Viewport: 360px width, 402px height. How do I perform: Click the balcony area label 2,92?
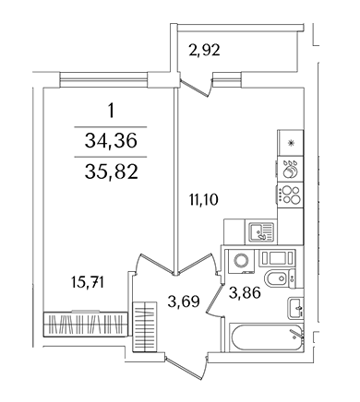[205, 50]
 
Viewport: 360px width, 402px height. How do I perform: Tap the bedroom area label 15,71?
[88, 282]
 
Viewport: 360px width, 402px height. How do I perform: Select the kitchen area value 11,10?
[203, 200]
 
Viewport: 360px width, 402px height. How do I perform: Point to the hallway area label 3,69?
[184, 301]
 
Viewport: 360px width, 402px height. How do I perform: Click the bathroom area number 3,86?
[245, 292]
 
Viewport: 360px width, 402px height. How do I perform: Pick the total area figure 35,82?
[111, 172]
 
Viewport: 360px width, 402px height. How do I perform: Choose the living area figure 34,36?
[111, 141]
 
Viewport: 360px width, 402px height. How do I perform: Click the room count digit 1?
[111, 111]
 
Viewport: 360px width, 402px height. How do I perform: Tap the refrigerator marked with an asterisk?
[291, 143]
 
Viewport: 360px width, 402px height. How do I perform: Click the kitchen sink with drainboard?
[261, 232]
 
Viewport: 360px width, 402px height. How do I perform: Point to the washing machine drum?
[241, 261]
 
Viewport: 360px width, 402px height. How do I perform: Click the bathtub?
[267, 337]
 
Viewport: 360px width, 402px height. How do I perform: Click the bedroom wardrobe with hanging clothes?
[85, 325]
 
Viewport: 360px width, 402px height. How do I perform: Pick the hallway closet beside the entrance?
[145, 326]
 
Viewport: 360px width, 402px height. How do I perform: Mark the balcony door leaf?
[196, 88]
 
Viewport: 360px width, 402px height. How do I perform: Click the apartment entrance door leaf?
[186, 367]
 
